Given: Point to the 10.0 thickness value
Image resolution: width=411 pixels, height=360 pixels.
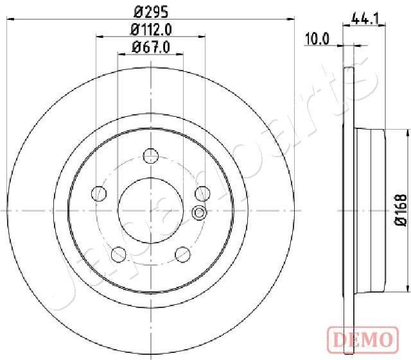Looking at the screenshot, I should click(x=317, y=39).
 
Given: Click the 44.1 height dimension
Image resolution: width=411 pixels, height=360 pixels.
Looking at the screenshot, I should click(x=364, y=19).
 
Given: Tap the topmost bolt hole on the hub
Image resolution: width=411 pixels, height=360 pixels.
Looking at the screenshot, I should click(x=150, y=155).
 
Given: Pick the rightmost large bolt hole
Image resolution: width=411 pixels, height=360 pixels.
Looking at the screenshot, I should click(x=202, y=193).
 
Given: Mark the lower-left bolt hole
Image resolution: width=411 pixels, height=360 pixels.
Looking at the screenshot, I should click(x=119, y=254).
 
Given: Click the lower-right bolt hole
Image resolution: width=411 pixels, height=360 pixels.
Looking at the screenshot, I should click(x=182, y=254).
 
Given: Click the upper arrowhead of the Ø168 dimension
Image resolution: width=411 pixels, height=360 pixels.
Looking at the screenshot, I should click(x=408, y=133).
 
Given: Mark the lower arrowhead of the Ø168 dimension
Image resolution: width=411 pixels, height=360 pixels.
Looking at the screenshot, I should click(x=408, y=287).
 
